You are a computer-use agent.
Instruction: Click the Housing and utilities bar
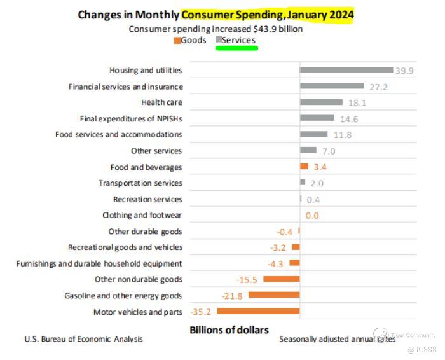click(346, 70)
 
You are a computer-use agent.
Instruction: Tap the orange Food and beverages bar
click(304, 167)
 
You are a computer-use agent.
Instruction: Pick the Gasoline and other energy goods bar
click(274, 295)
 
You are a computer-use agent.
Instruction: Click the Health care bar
click(321, 102)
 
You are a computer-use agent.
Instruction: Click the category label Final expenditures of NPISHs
click(131, 118)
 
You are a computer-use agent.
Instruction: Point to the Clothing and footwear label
click(142, 215)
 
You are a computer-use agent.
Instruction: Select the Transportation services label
click(140, 183)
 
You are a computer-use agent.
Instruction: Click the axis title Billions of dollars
click(229, 329)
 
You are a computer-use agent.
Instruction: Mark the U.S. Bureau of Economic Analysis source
click(83, 339)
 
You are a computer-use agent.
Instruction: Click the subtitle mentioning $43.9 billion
click(216, 29)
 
